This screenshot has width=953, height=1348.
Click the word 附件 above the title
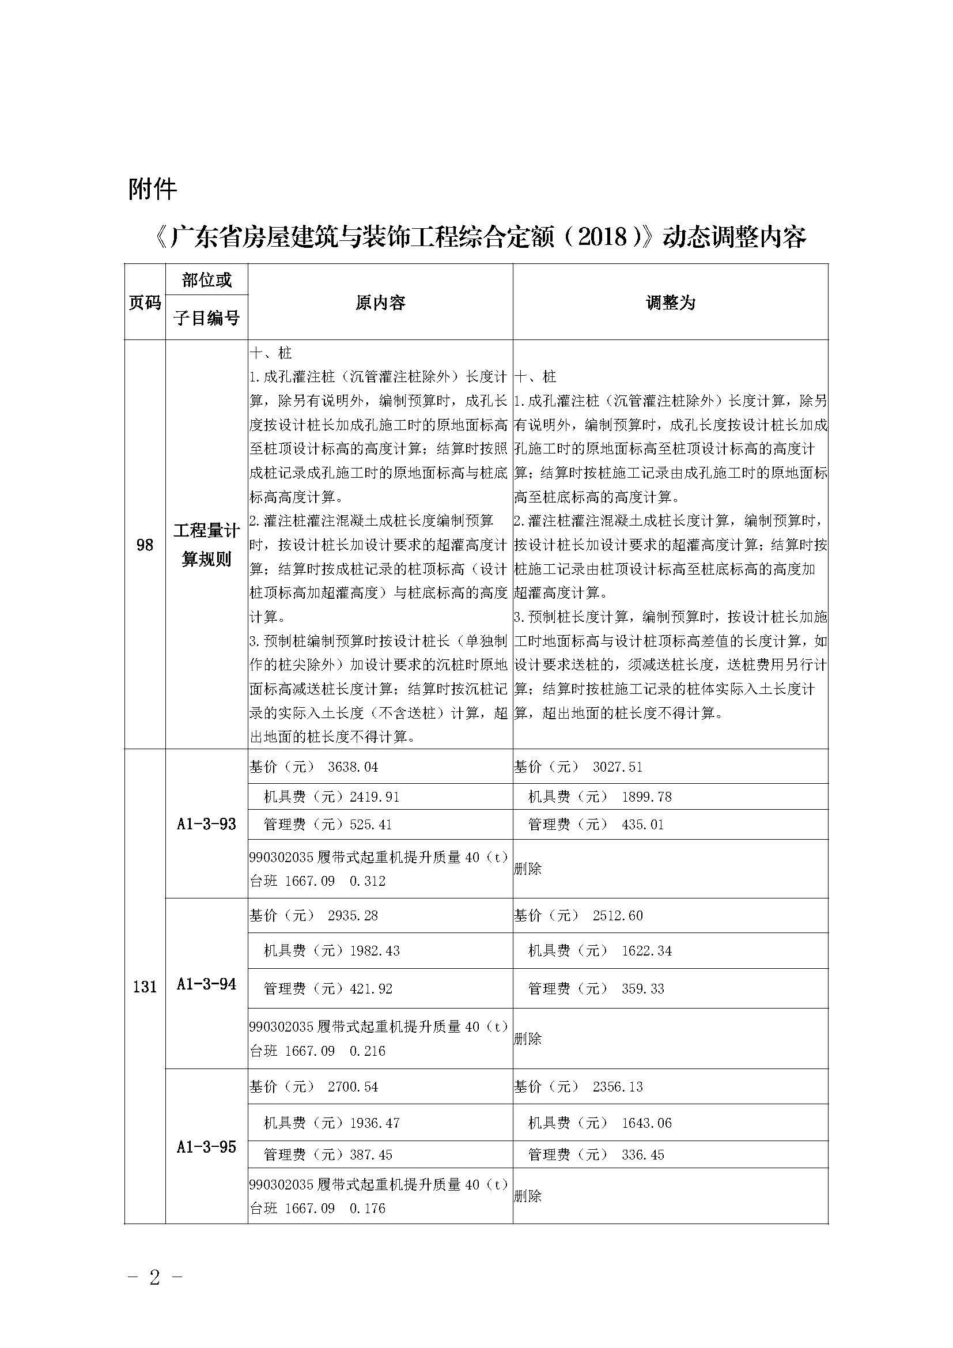[x=152, y=189]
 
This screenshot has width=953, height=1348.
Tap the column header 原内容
[x=380, y=303]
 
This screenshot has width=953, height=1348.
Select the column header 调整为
[x=670, y=303]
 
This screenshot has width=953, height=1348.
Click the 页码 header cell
[x=145, y=303]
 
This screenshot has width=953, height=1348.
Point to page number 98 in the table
[x=145, y=545]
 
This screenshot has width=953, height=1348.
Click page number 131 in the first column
[x=145, y=987]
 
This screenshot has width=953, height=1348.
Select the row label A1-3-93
[x=206, y=824]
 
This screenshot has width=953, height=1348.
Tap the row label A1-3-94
[x=206, y=984]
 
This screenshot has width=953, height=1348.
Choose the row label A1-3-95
[x=206, y=1147]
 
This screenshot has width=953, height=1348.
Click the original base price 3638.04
[x=353, y=766]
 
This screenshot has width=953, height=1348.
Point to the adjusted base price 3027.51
[x=617, y=766]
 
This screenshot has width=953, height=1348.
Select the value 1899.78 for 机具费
[x=646, y=796]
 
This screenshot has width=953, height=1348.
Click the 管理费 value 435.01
[x=642, y=824]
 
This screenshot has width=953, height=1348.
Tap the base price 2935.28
[x=353, y=915]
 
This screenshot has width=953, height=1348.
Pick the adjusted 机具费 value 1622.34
[x=646, y=950]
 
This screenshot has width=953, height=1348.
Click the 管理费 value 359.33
[x=642, y=989]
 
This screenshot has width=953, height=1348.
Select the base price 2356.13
[x=617, y=1087]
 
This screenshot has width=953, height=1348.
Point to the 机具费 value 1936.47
[x=375, y=1123]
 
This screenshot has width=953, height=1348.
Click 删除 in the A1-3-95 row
[x=528, y=1196]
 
